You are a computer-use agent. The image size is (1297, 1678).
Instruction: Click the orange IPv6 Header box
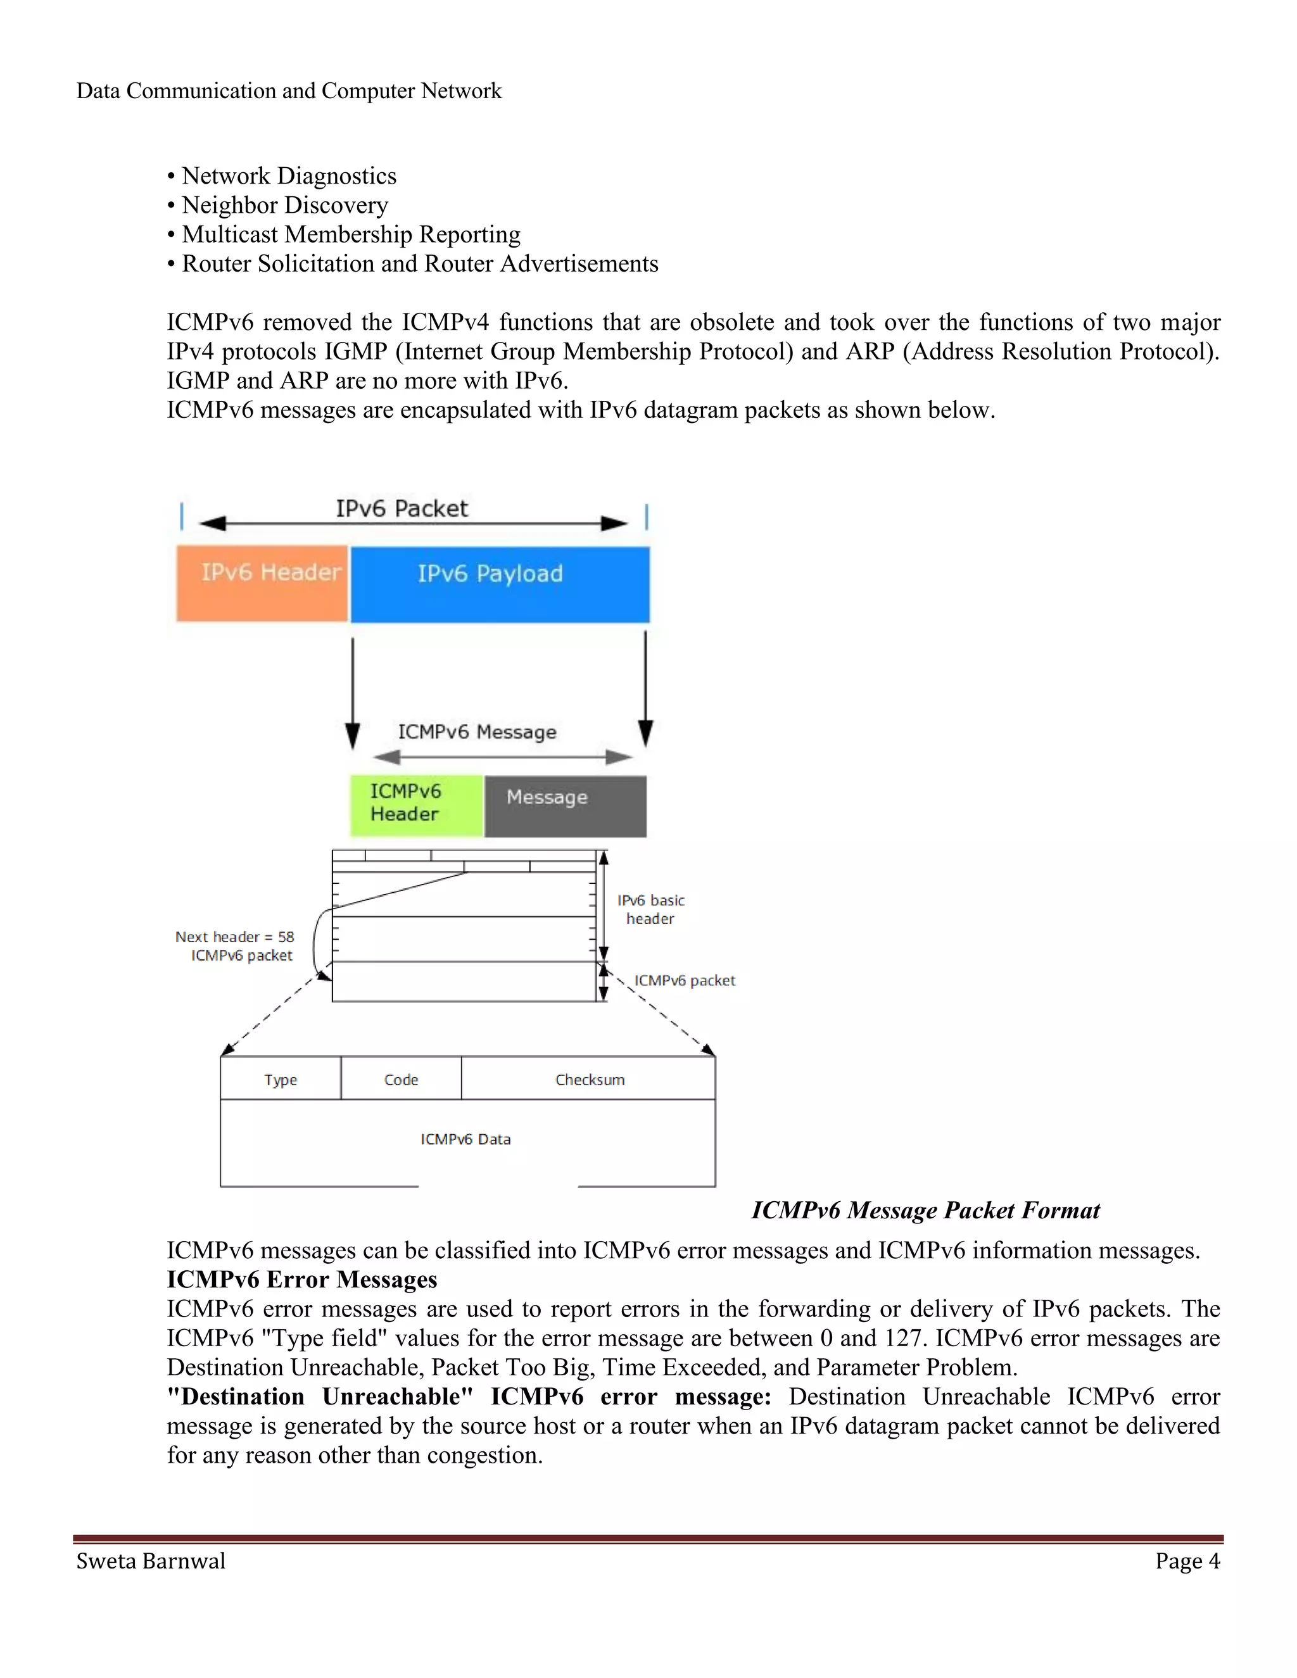262,583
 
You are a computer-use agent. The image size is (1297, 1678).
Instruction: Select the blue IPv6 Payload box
500,584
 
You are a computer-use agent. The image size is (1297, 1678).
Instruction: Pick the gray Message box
566,805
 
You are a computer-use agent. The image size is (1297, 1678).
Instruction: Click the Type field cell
281,1079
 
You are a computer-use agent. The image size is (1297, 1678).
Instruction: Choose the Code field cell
401,1079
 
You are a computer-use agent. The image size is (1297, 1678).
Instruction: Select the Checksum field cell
590,1079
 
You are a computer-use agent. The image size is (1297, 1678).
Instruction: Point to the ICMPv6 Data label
465,1139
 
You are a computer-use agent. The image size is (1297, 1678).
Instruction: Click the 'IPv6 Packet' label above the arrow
401,508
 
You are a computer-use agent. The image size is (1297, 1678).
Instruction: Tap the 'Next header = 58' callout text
234,937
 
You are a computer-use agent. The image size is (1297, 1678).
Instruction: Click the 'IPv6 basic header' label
650,909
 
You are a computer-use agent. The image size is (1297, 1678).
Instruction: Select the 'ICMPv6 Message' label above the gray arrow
476,731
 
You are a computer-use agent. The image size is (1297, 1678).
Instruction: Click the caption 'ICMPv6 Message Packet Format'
925,1210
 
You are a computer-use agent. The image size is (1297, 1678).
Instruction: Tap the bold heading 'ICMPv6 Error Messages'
302,1279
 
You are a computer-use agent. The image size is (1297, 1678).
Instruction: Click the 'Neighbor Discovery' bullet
284,205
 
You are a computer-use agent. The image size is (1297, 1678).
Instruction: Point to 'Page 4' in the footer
1187,1560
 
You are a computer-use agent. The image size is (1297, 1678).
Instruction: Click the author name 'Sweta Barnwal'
151,1560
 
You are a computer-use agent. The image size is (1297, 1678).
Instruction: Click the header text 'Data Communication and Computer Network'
289,91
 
